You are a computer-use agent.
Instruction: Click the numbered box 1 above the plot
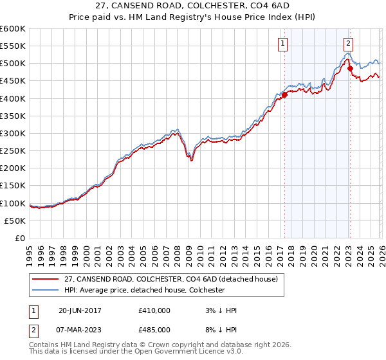283,44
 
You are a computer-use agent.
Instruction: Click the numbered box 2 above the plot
348,44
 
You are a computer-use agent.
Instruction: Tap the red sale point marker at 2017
284,95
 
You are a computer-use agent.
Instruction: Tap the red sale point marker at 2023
349,69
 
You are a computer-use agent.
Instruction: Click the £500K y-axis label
13,64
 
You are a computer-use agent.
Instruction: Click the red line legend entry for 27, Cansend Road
170,279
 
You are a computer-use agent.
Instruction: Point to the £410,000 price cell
154,310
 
